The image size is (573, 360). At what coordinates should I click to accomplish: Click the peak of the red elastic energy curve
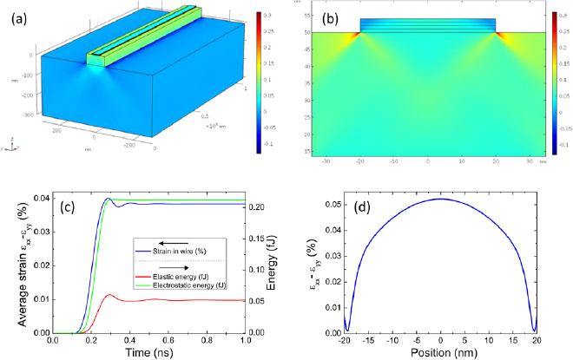(x=108, y=295)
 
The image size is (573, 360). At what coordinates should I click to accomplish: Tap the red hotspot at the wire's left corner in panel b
(x=358, y=36)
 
